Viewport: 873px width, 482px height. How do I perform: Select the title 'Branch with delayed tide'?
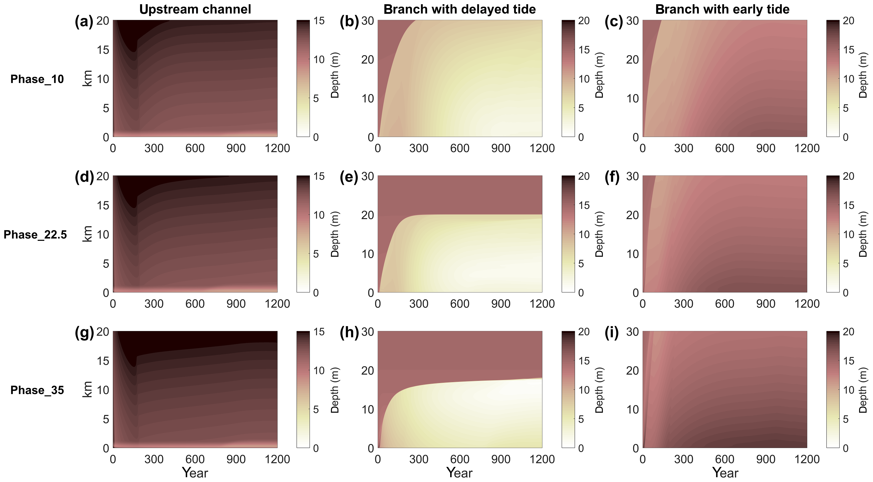tap(459, 9)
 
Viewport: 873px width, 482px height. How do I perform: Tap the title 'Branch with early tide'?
tap(722, 9)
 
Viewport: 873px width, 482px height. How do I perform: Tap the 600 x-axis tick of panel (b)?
tap(459, 148)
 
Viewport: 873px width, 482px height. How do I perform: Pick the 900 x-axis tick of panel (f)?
tap(766, 303)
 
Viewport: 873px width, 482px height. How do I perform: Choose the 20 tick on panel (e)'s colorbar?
tap(584, 176)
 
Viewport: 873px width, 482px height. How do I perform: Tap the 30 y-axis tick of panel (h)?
tap(367, 332)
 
